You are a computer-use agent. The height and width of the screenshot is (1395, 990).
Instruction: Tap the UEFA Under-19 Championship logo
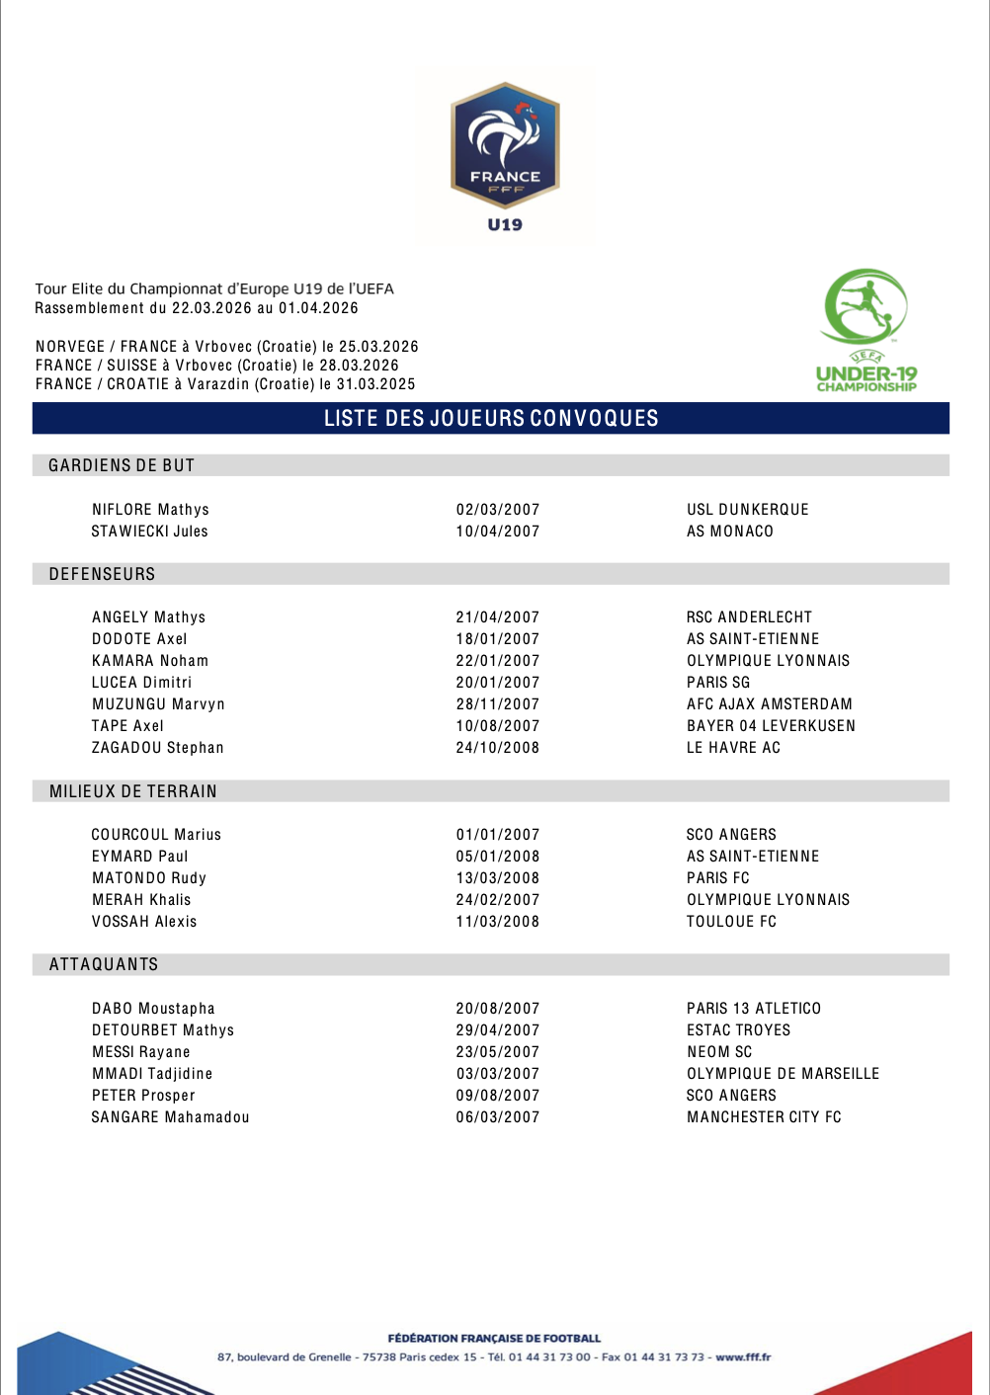(866, 330)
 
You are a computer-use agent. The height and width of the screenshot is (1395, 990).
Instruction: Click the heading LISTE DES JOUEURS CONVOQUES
(491, 418)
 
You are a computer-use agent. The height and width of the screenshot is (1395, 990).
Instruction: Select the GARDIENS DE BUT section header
(122, 465)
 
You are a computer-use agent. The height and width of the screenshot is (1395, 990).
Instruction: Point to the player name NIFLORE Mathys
(150, 510)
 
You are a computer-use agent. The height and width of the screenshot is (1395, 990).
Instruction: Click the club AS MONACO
(730, 532)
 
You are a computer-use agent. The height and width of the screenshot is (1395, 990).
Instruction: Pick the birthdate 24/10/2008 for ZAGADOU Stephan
(498, 748)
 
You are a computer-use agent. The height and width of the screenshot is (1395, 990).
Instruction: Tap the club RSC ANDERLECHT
(749, 617)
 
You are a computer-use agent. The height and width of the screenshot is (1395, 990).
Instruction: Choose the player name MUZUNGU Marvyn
(158, 704)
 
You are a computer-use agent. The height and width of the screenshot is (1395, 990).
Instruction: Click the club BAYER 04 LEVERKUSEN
(771, 726)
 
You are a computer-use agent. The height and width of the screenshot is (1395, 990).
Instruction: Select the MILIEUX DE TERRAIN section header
(133, 791)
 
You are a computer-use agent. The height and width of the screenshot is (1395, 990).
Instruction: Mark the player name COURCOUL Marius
(156, 835)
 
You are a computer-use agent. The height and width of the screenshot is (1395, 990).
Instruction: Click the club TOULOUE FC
(731, 922)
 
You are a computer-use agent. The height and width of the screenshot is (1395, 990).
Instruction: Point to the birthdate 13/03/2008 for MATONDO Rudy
(498, 878)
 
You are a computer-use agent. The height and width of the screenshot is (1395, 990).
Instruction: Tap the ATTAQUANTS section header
(104, 964)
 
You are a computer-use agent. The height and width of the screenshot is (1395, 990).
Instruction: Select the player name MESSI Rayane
(140, 1052)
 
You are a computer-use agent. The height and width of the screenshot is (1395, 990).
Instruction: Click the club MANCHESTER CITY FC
(764, 1117)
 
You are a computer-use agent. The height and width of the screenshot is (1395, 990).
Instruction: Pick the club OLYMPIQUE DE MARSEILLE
(783, 1074)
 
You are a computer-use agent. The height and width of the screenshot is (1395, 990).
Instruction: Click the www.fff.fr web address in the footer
(743, 1357)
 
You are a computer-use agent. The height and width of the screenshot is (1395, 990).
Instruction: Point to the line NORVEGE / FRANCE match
(227, 347)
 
